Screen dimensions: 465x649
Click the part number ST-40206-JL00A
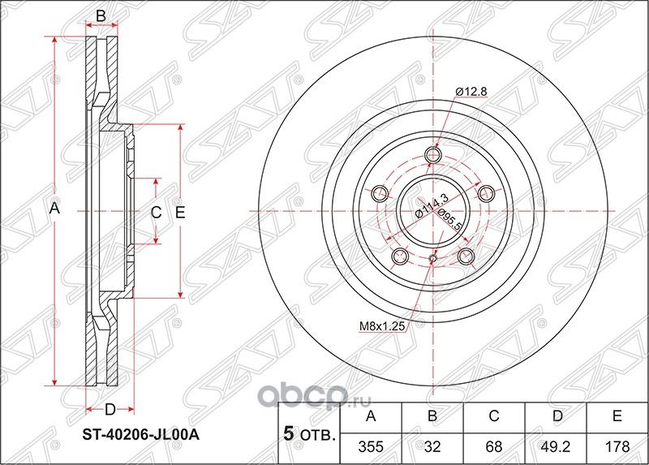pos(142,434)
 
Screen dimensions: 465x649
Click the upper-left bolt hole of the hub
pos(378,193)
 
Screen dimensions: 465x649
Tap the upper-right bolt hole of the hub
pos(487,193)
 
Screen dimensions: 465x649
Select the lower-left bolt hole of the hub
pos(399,257)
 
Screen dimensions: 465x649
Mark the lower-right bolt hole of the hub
pos(466,257)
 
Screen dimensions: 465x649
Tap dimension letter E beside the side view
pos(181,213)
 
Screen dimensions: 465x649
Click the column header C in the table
pos(494,417)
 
